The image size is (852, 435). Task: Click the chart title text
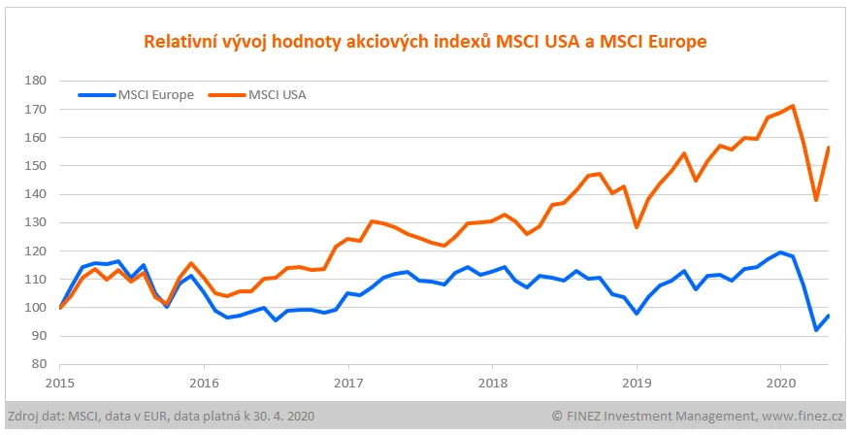(x=425, y=42)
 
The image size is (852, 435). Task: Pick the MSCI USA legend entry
(x=278, y=94)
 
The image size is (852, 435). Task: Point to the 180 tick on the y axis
(x=36, y=81)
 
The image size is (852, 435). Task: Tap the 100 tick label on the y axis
(x=36, y=308)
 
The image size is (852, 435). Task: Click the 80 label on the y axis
(x=40, y=364)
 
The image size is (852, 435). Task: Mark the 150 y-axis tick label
(x=36, y=166)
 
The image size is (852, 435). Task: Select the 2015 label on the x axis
(x=59, y=382)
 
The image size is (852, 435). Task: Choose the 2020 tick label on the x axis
(x=780, y=382)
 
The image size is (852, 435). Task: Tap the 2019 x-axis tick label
(x=636, y=382)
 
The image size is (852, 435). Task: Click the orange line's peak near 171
(x=794, y=106)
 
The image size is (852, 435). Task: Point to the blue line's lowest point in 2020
(x=816, y=330)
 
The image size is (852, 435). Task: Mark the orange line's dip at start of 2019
(x=637, y=227)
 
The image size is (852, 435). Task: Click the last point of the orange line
(x=828, y=148)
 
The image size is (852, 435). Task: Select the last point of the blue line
(x=828, y=316)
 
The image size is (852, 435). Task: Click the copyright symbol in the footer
(x=557, y=416)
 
